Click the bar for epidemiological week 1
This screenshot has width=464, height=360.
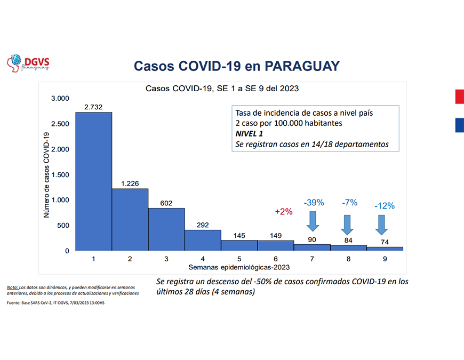point(93,181)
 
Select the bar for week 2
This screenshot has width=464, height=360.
point(130,219)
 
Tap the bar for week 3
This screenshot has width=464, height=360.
point(166,229)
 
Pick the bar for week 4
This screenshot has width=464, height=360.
point(203,240)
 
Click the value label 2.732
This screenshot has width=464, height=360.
point(93,107)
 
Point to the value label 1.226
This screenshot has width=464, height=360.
point(130,184)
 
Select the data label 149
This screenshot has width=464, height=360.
point(276,236)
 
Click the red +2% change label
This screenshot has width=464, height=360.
point(284,212)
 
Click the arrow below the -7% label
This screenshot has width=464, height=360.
point(347,225)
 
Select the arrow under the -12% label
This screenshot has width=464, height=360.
point(381,225)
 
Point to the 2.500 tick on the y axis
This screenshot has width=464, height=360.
point(60,124)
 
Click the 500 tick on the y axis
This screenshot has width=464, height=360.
point(63,226)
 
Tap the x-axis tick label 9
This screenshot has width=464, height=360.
point(385,259)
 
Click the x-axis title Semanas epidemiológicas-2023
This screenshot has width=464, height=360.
point(238,266)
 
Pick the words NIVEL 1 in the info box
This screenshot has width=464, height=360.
point(250,134)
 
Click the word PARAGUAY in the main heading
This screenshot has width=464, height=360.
point(302,66)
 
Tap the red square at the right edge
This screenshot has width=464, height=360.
point(459,97)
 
